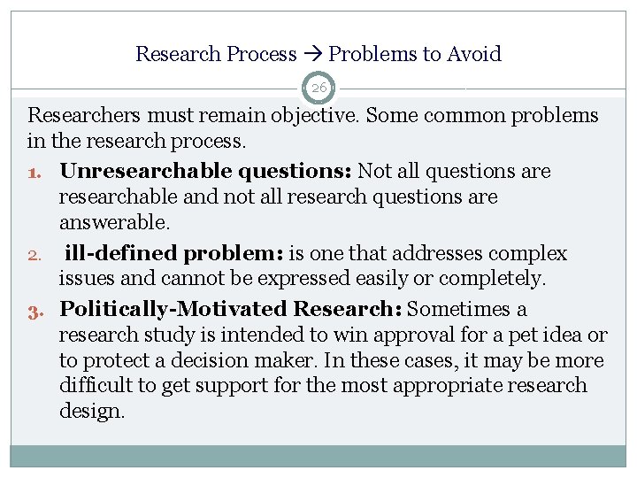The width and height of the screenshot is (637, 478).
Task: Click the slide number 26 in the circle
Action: point(318,88)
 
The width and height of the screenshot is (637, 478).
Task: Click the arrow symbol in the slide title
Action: point(312,55)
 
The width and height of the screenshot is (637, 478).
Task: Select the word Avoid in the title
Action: point(476,54)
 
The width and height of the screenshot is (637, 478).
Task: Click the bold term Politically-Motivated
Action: point(173,309)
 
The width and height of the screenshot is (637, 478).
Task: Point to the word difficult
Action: point(94,386)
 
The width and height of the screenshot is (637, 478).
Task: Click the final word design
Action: point(92,412)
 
